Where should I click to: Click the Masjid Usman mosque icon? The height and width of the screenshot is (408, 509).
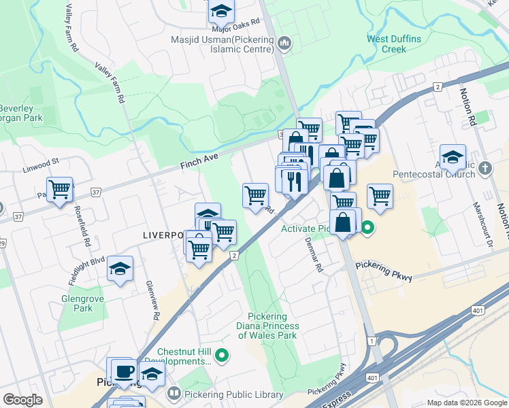(x=284, y=44)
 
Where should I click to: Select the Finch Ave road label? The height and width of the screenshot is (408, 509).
(x=199, y=161)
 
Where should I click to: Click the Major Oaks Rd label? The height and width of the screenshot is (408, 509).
(x=236, y=26)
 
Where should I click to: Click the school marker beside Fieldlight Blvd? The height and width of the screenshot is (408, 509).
(x=120, y=269)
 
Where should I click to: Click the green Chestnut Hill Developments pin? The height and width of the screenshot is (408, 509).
(x=222, y=354)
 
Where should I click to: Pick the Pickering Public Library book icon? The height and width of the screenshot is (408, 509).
(x=174, y=393)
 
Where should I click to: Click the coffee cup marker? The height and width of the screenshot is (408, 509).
(x=125, y=371)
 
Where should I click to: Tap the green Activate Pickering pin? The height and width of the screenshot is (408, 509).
(x=367, y=228)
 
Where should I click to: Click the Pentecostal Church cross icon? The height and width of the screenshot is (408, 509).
(x=485, y=167)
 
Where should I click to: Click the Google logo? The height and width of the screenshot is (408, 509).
(x=22, y=400)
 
